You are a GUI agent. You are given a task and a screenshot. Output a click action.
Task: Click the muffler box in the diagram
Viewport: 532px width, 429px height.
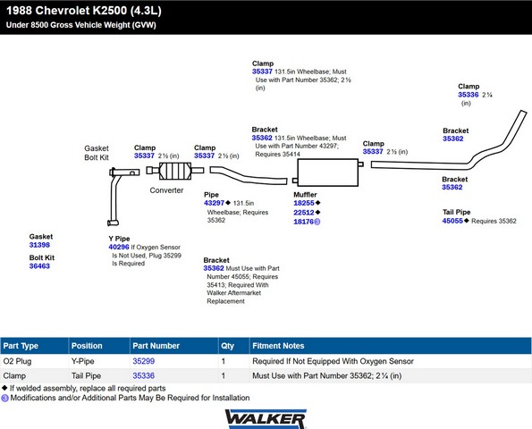(x=328, y=172)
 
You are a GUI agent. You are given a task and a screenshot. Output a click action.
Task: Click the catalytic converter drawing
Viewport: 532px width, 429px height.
(x=175, y=171)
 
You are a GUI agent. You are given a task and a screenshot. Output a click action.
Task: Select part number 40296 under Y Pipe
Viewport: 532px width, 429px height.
(x=119, y=248)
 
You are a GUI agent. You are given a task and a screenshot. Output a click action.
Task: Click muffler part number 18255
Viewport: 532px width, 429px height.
(x=304, y=203)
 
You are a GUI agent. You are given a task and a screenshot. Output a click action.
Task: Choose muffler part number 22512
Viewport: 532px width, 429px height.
(x=304, y=213)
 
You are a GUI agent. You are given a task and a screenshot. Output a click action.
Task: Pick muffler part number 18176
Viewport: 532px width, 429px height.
(x=304, y=222)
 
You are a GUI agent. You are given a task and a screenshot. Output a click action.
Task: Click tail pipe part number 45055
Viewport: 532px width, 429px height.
(x=452, y=221)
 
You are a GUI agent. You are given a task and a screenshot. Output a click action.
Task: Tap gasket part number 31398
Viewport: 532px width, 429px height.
(x=39, y=245)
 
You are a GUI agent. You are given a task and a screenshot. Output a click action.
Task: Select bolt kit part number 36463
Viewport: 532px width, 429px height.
(x=39, y=266)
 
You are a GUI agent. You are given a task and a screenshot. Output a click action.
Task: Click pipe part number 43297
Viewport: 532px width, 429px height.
(x=214, y=203)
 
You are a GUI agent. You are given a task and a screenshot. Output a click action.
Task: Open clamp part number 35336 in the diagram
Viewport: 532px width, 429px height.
(x=469, y=95)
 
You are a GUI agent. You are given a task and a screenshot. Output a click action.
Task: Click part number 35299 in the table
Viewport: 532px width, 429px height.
(x=144, y=361)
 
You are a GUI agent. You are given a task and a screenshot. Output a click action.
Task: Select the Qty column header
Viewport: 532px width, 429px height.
(x=228, y=346)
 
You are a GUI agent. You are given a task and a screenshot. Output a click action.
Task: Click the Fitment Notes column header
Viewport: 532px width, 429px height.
(x=278, y=346)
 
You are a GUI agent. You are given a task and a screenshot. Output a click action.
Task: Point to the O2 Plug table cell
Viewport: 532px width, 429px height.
(x=17, y=361)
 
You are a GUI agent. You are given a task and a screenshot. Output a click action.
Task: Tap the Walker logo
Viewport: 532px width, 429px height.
(x=266, y=419)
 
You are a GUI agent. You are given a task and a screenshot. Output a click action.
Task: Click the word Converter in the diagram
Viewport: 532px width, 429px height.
(x=166, y=190)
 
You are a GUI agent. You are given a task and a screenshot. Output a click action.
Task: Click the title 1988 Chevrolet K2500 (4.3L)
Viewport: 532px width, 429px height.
(x=84, y=11)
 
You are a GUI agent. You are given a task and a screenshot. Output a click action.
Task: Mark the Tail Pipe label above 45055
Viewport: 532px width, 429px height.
(x=456, y=213)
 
